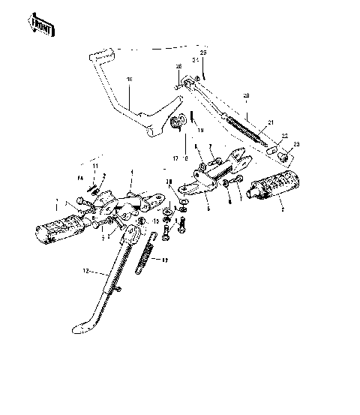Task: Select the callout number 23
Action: click(295, 144)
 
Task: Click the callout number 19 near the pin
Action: click(199, 130)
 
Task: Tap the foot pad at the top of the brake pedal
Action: click(100, 53)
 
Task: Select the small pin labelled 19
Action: click(193, 116)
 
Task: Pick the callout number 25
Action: click(202, 52)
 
